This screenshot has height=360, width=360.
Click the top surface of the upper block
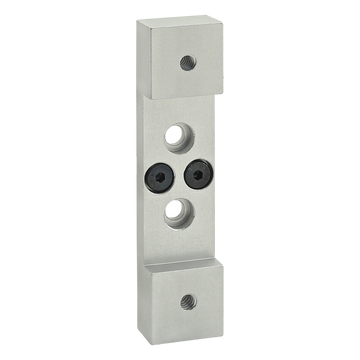click(x=185, y=26)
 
